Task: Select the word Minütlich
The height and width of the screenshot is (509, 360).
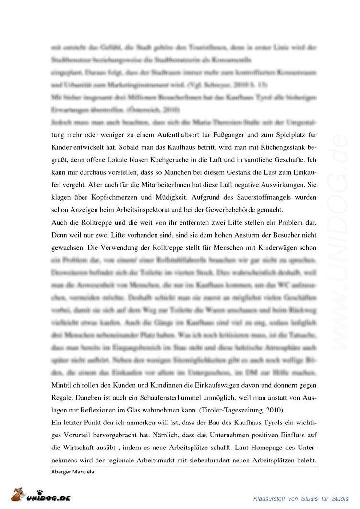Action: point(65,386)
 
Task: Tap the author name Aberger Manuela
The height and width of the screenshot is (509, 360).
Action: point(72,471)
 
